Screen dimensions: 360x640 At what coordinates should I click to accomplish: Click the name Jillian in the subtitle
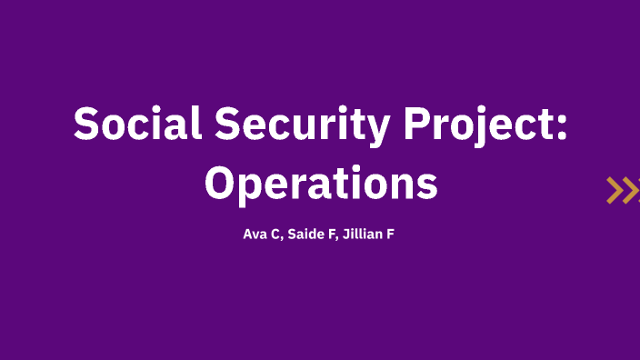364,235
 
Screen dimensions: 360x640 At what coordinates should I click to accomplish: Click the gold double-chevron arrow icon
622,190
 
